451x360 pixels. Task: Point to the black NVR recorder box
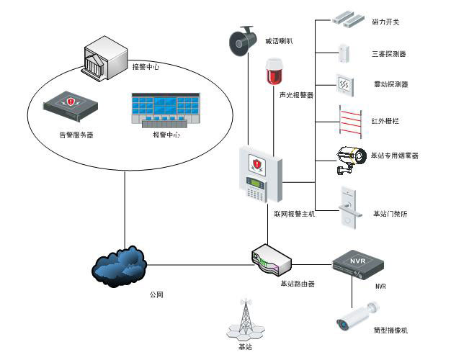(x=358, y=266)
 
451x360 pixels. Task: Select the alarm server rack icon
(x=70, y=106)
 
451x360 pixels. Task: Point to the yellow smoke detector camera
(x=353, y=158)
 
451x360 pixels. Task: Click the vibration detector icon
(x=344, y=85)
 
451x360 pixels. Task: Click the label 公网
(x=157, y=294)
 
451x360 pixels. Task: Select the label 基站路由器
(x=298, y=284)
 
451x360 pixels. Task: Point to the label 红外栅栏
(x=385, y=121)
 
